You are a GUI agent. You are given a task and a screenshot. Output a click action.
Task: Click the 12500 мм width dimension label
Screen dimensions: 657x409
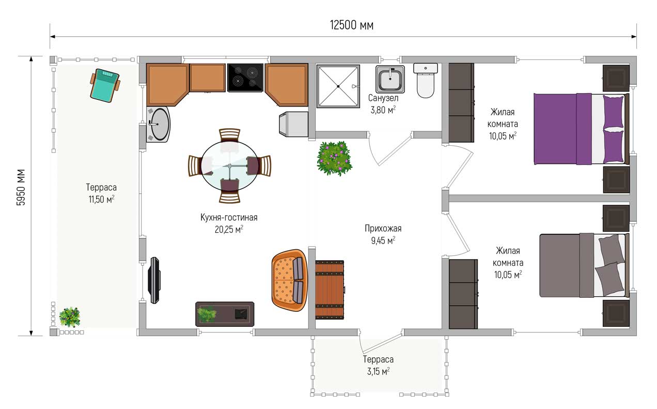click(x=352, y=25)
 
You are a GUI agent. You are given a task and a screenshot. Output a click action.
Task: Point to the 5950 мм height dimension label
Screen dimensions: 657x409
click(x=21, y=187)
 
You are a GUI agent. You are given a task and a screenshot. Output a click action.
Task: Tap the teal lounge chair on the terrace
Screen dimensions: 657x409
click(x=105, y=85)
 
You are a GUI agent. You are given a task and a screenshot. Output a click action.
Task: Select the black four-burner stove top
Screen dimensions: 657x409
click(x=245, y=78)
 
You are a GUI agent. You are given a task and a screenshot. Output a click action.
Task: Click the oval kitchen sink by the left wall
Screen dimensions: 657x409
click(x=159, y=124)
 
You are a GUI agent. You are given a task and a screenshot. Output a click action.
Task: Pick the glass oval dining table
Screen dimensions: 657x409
click(x=229, y=166)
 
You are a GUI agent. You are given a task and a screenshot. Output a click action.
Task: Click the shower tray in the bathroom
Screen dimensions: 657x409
click(x=338, y=86)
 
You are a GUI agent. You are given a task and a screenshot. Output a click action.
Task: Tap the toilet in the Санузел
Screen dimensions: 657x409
click(x=425, y=80)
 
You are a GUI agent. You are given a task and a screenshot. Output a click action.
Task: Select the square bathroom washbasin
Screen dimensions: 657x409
click(x=390, y=79)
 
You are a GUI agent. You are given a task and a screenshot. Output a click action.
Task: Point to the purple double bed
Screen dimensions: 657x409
click(x=581, y=129)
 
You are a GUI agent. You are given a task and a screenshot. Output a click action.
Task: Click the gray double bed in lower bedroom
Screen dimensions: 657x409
click(x=585, y=265)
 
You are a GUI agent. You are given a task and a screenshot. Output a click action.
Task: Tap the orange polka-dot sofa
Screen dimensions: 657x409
click(x=289, y=280)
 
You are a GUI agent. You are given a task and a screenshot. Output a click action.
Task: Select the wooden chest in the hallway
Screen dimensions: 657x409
click(x=330, y=290)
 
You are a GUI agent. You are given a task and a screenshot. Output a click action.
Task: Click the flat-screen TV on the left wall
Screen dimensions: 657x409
click(x=154, y=280)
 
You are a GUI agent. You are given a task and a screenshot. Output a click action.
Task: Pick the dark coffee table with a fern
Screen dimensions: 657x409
click(x=225, y=314)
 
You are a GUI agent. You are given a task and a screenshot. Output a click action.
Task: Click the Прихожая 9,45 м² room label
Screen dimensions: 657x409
click(x=383, y=234)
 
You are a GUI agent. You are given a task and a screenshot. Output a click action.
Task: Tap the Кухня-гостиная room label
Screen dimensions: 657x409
click(x=229, y=217)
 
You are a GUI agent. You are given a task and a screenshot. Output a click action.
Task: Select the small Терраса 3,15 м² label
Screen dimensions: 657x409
click(x=379, y=365)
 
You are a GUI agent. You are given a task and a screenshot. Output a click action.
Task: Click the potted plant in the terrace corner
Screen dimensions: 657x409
click(x=70, y=317)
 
